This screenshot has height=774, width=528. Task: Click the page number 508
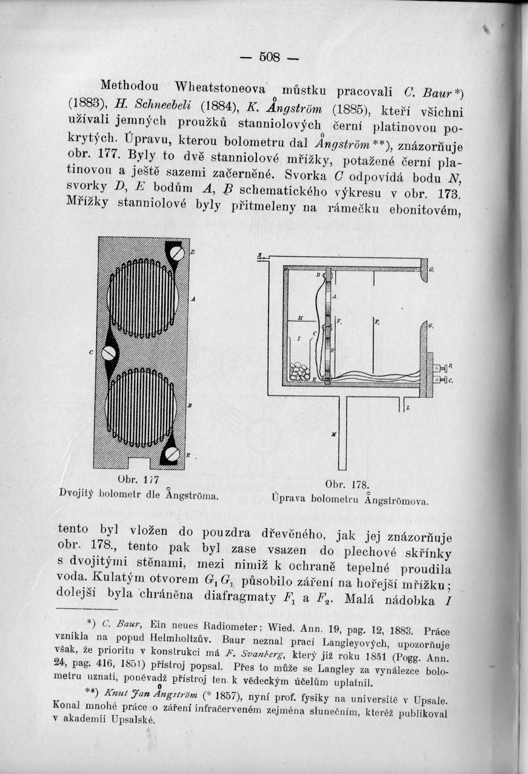click(270, 58)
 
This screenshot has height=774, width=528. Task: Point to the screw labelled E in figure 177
click(172, 454)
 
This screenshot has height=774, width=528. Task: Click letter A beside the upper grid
click(193, 300)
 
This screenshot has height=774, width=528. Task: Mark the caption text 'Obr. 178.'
click(343, 485)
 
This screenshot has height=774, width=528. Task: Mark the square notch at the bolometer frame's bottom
click(142, 463)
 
